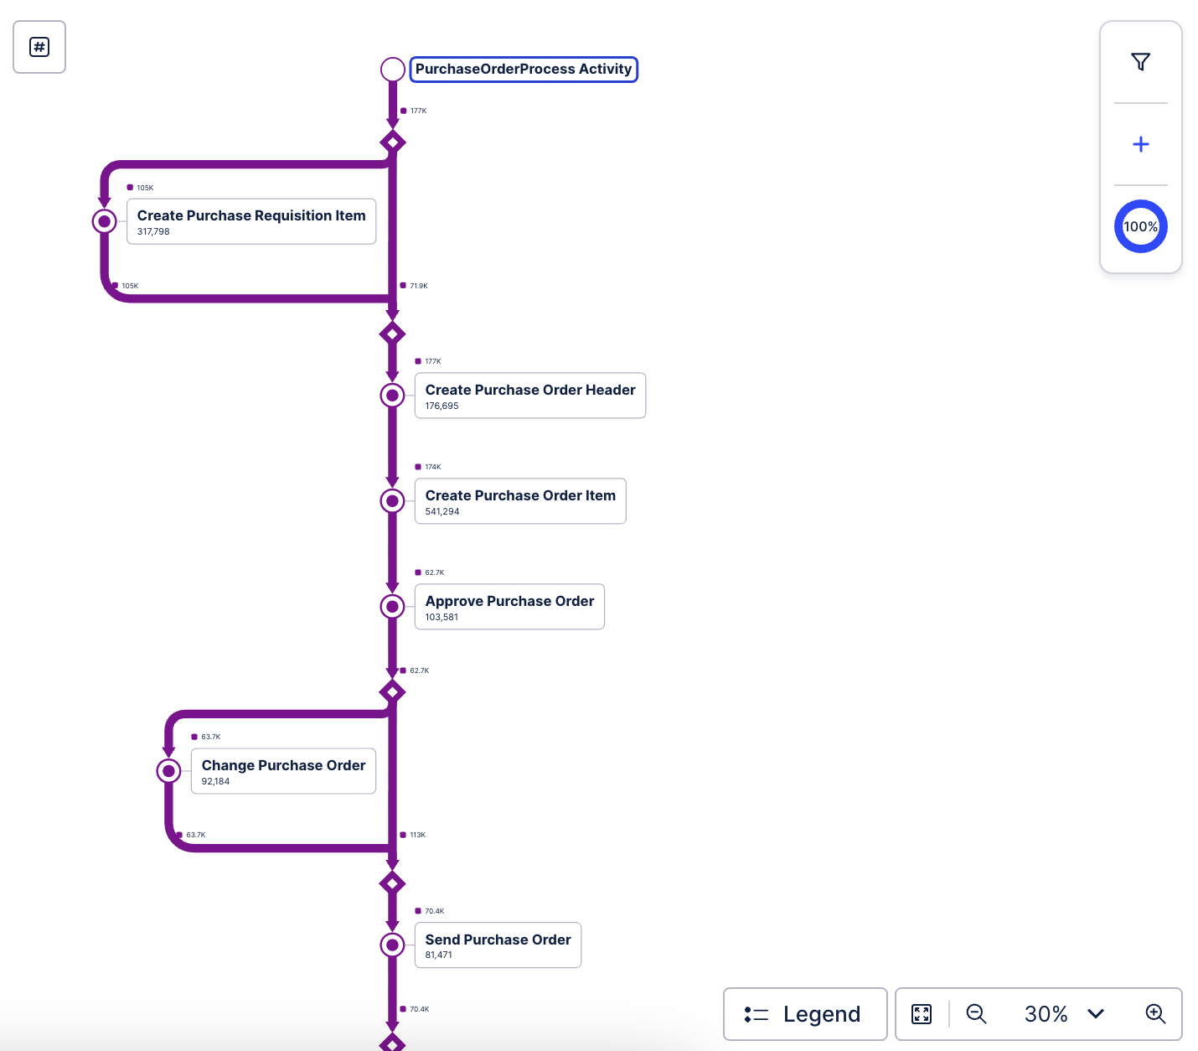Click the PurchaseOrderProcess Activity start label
[524, 70]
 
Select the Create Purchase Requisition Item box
[251, 221]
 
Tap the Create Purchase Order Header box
[529, 396]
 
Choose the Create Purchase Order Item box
[519, 501]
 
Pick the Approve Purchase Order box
[509, 607]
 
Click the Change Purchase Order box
[283, 771]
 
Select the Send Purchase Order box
[498, 945]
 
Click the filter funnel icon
[1140, 62]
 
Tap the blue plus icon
[1140, 144]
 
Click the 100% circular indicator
[1140, 226]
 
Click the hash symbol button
[39, 47]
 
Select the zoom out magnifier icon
[976, 1014]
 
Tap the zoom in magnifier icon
[1155, 1014]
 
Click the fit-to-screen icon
[922, 1014]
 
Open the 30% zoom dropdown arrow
[1095, 1014]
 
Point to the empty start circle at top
[393, 70]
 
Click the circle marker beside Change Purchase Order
[169, 771]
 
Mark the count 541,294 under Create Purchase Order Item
[442, 511]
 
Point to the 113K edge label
[417, 835]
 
